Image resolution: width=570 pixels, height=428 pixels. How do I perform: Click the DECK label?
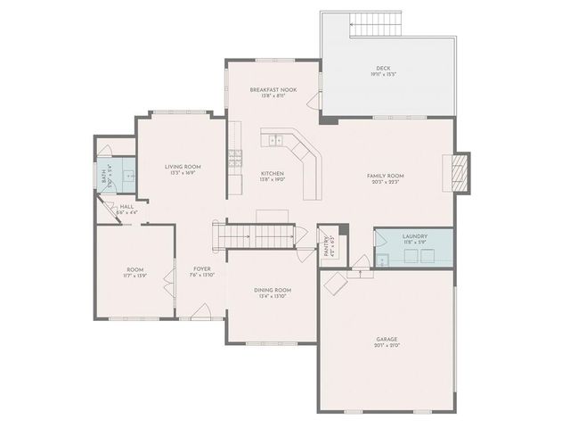tap(383, 70)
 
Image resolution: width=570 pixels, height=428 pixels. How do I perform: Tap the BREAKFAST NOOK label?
tap(273, 93)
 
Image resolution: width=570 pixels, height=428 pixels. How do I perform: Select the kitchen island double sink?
tap(276, 140)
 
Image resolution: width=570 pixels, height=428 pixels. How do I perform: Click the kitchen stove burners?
tap(236, 160)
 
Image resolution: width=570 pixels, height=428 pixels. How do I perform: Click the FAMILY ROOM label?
tap(386, 177)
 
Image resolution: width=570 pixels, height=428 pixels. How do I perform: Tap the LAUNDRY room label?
tap(415, 237)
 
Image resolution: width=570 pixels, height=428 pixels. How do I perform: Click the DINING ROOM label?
tap(272, 292)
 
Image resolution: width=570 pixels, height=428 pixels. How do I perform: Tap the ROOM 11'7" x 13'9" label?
tap(134, 271)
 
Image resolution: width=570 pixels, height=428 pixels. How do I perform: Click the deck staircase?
tap(375, 27)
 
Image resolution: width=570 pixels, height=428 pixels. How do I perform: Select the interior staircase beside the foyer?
tap(253, 235)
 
